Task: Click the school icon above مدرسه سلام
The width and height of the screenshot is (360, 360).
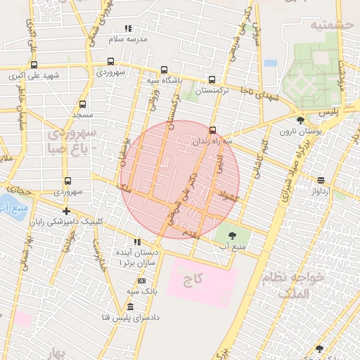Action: (127, 28)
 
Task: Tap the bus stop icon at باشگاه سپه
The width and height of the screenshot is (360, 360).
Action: (164, 70)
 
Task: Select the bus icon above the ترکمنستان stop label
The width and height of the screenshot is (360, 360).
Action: (212, 79)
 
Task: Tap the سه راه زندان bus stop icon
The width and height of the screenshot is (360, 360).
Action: (212, 129)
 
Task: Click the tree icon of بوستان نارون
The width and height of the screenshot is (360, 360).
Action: (300, 120)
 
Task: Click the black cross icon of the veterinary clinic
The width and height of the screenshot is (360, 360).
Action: (66, 211)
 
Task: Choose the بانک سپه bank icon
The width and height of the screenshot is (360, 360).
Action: (141, 281)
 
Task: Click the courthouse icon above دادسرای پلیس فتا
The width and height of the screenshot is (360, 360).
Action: (129, 307)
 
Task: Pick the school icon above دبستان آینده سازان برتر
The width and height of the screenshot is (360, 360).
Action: (136, 242)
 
